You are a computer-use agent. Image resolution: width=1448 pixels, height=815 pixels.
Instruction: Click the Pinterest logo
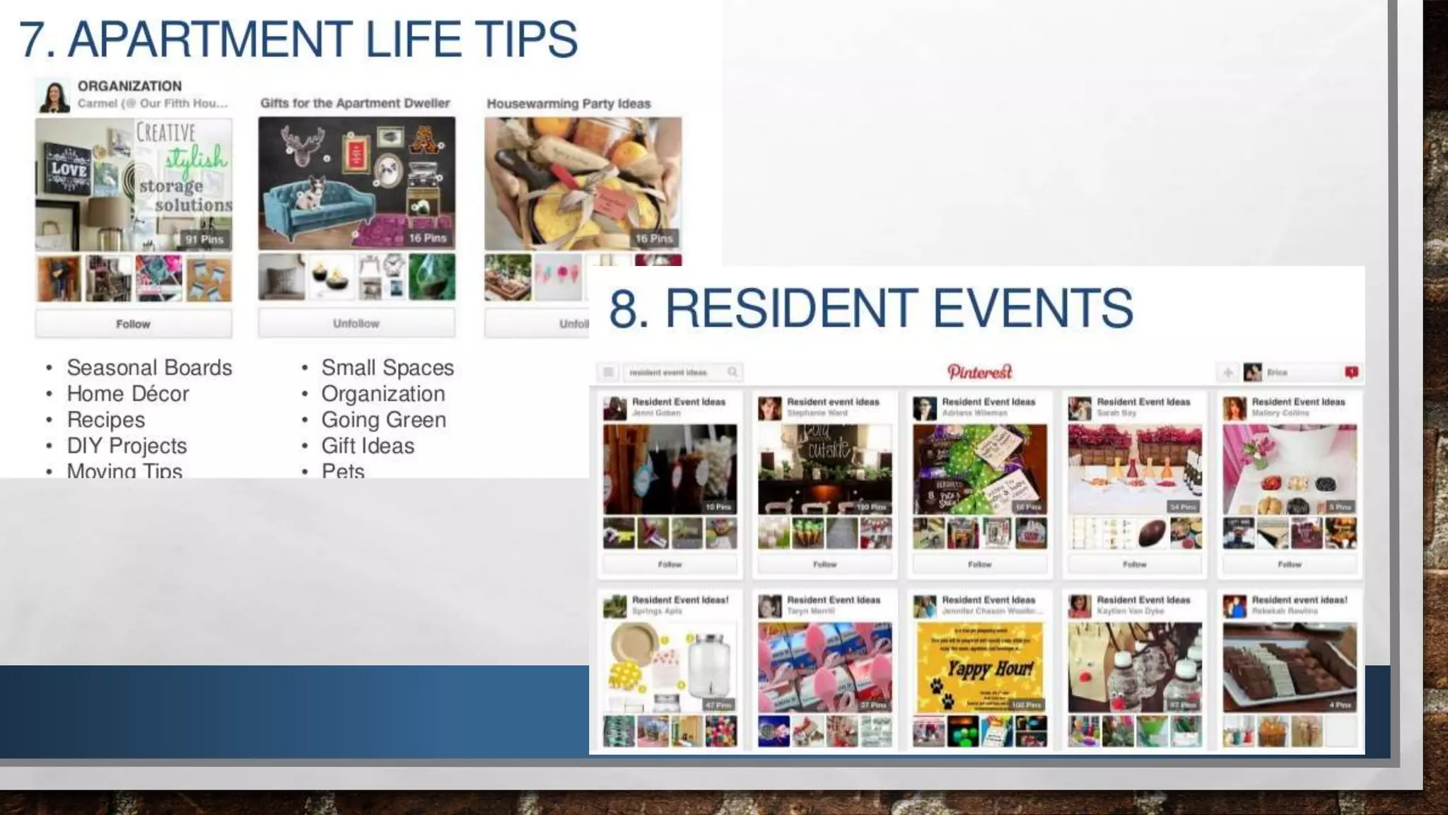979,372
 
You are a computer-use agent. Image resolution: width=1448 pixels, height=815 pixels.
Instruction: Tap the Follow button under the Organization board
133,324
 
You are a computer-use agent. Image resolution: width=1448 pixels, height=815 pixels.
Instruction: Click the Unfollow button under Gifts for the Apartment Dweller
356,323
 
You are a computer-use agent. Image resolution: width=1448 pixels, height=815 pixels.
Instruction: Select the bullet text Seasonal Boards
149,368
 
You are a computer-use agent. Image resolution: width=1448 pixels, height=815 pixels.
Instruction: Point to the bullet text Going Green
383,420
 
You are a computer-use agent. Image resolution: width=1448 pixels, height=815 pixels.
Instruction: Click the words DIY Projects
127,446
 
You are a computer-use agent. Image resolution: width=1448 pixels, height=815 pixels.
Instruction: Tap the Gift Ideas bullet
368,446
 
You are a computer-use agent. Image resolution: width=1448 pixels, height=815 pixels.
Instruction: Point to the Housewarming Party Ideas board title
568,104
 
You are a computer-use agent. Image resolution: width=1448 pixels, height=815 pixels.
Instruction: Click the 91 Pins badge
204,240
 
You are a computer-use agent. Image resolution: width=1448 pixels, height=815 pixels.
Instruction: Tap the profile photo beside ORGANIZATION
54,97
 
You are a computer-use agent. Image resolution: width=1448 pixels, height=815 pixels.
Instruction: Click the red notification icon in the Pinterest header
1351,372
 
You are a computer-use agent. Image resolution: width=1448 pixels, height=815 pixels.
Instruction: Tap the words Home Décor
128,394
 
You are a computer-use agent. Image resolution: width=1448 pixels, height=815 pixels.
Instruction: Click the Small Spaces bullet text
387,368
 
